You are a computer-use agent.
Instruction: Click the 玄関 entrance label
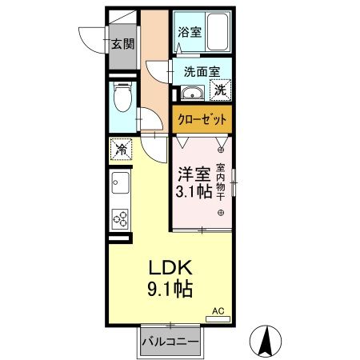coord(122,45)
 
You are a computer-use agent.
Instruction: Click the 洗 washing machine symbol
coord(220,90)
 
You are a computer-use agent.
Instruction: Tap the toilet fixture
coord(122,101)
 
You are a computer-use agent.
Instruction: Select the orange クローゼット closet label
coord(202,119)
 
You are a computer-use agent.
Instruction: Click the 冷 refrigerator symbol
coord(121,149)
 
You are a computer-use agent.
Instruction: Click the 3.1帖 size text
coord(192,194)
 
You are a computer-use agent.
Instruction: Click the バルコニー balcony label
coord(170,341)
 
